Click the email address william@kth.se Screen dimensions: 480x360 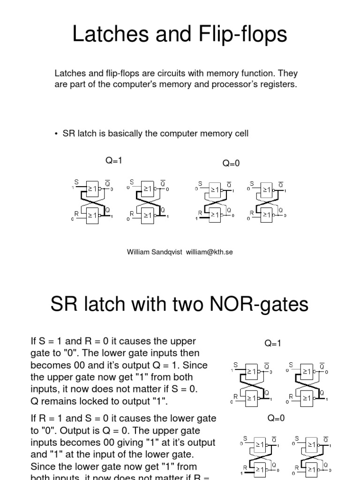point(209,252)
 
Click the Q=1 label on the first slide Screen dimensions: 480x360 point(113,161)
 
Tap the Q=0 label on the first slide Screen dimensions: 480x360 point(231,163)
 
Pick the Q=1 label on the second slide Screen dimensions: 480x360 point(273,344)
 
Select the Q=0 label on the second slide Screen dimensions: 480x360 point(276,418)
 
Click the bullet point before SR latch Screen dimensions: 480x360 point(56,134)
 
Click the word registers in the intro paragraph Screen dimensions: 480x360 point(280,85)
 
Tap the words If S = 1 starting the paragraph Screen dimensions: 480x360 point(46,341)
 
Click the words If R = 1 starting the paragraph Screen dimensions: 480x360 point(47,419)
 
